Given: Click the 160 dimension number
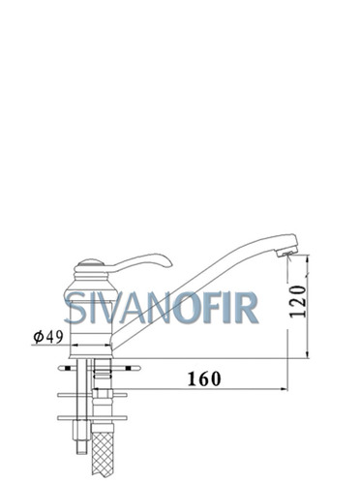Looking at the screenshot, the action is (x=204, y=378).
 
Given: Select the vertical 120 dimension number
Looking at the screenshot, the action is (x=297, y=301).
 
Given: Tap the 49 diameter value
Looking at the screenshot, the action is (x=54, y=337).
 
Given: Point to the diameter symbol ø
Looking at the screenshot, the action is (x=39, y=337).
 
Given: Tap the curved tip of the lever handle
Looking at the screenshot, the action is (x=167, y=262).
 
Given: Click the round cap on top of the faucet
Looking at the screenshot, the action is (x=90, y=262).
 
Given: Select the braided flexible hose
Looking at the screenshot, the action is (x=103, y=453).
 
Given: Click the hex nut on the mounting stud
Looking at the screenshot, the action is (x=81, y=431).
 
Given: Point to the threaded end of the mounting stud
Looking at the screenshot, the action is (x=81, y=447).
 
